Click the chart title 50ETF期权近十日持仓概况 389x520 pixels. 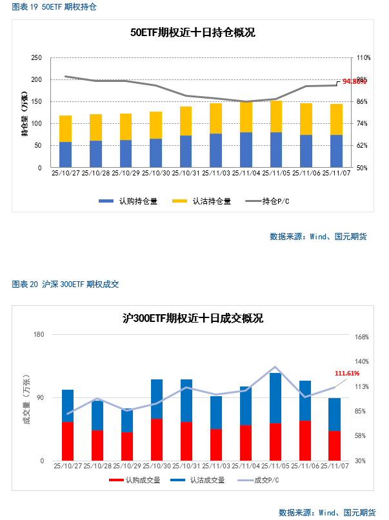(x=192, y=33)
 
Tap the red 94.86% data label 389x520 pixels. (x=354, y=81)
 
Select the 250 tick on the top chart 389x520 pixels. (x=37, y=58)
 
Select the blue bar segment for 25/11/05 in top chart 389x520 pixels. (x=276, y=150)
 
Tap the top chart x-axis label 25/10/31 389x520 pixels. (x=186, y=173)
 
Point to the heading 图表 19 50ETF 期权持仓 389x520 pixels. (x=54, y=7)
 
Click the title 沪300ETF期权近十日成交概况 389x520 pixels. (x=193, y=318)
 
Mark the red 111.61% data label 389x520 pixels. (x=346, y=373)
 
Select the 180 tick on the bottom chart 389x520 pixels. (x=39, y=334)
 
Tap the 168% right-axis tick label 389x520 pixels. (x=361, y=337)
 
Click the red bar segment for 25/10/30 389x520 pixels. (x=157, y=440)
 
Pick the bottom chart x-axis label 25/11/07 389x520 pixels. (x=334, y=466)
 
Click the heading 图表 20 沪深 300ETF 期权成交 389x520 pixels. (x=65, y=284)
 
